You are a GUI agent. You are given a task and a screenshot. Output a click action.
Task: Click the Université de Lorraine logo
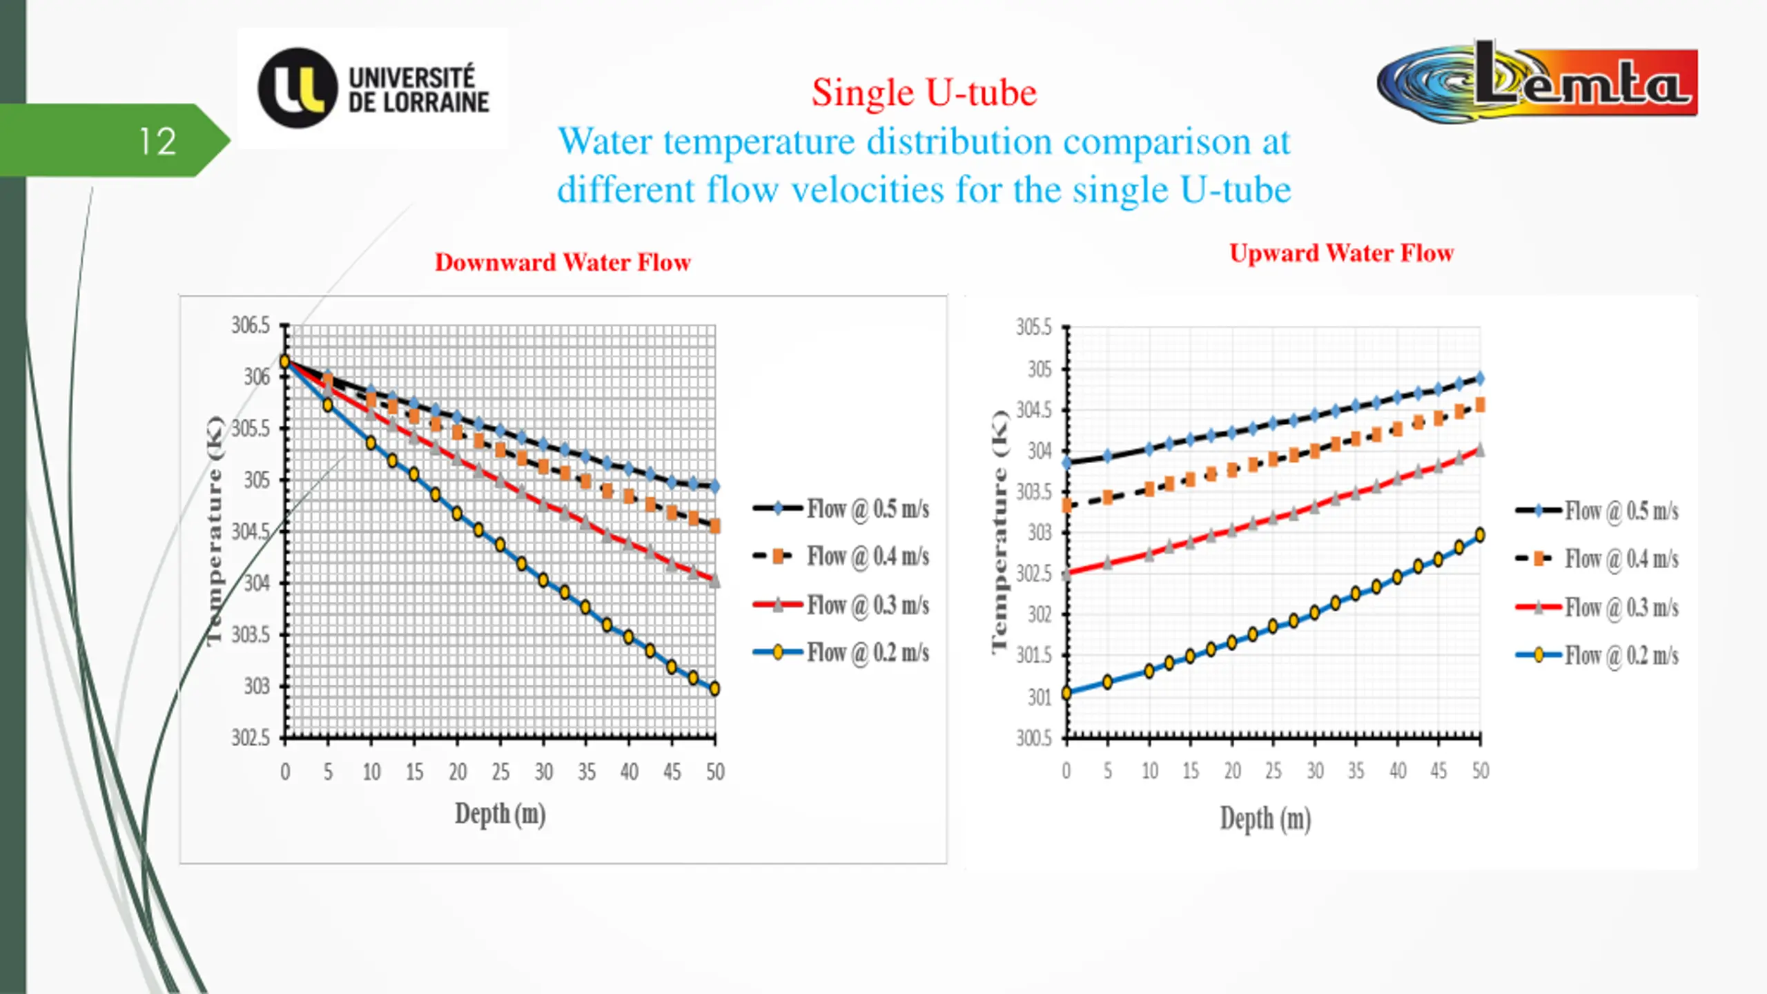(x=373, y=88)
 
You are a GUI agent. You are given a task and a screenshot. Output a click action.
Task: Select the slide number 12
(x=157, y=142)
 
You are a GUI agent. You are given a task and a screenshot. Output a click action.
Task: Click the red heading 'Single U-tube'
(x=924, y=92)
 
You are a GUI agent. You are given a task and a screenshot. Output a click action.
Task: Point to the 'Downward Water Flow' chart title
(x=563, y=262)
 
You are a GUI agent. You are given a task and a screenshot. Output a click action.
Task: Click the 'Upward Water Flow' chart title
(x=1341, y=253)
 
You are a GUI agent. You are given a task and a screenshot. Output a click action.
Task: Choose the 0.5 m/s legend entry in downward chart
(x=841, y=509)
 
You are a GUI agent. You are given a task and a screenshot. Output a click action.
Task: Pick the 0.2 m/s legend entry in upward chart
(x=1597, y=655)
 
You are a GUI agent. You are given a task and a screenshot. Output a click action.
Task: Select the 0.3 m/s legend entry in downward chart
(x=841, y=605)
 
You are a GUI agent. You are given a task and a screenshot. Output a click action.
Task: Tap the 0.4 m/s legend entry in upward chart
(x=1597, y=558)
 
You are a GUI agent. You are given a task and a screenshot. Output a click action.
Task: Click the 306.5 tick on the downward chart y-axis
(x=251, y=325)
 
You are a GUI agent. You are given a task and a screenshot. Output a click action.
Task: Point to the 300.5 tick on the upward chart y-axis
(x=1034, y=739)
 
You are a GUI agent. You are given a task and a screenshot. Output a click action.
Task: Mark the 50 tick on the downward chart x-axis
(x=715, y=772)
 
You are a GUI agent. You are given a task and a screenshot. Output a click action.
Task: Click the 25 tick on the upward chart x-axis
(x=1273, y=770)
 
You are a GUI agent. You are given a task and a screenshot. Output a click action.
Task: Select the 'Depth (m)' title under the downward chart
(x=500, y=815)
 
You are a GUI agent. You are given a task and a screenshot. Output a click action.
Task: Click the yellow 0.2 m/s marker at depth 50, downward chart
(x=714, y=688)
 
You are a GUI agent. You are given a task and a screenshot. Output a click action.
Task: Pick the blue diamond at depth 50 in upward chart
(x=1479, y=378)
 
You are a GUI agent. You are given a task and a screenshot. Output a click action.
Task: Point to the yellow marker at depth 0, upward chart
(x=1066, y=692)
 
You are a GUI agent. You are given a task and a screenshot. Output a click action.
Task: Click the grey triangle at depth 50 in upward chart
(x=1479, y=450)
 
